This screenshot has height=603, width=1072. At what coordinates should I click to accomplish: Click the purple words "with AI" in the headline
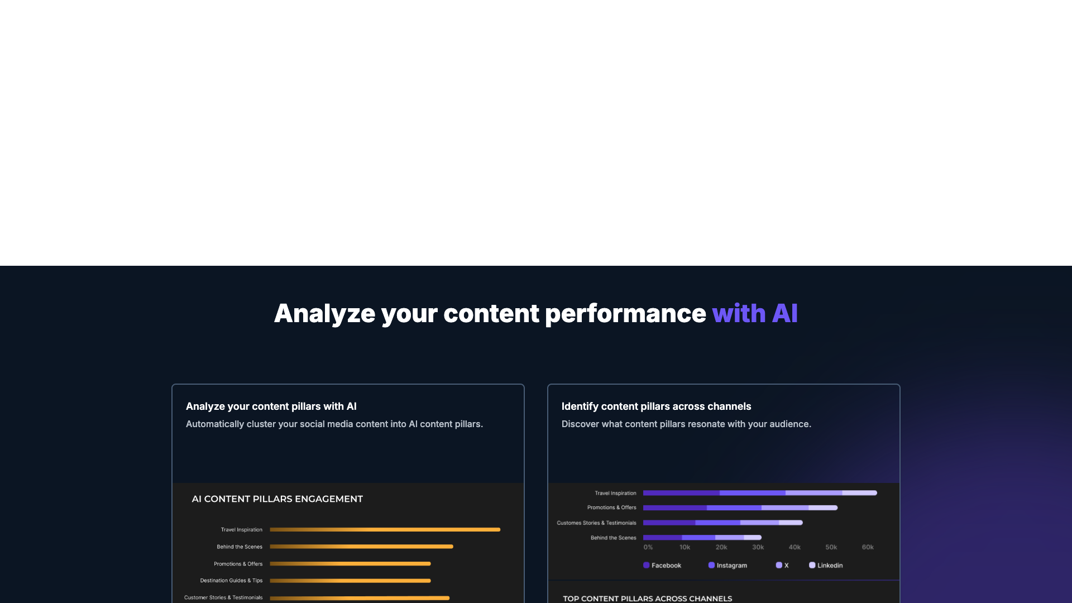tap(754, 313)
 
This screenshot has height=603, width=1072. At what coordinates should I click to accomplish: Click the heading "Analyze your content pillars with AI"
tap(271, 406)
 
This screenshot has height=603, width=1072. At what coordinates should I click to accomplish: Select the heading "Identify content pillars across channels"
tap(656, 406)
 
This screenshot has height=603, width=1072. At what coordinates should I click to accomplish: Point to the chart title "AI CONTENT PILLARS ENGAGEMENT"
tap(277, 499)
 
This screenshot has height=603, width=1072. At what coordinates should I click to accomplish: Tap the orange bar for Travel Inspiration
tap(385, 529)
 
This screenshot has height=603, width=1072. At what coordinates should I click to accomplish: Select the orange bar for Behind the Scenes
tap(361, 547)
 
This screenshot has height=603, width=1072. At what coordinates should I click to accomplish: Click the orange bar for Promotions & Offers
tap(350, 564)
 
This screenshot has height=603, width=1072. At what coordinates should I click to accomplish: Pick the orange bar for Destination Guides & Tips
tap(350, 581)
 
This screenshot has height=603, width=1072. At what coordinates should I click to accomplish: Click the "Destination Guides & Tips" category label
tap(231, 581)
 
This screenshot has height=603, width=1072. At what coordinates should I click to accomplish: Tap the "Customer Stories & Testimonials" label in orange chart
tap(223, 597)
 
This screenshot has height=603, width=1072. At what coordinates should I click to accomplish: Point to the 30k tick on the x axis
tap(758, 547)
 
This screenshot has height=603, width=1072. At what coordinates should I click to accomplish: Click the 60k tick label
tap(867, 547)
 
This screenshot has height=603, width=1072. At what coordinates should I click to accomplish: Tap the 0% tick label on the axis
tap(648, 547)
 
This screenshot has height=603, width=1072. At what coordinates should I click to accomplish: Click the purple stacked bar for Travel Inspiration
tap(759, 493)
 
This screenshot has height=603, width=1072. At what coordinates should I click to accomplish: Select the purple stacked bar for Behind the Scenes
tap(702, 538)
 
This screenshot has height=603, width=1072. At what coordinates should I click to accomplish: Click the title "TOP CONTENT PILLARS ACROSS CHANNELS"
tap(647, 599)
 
